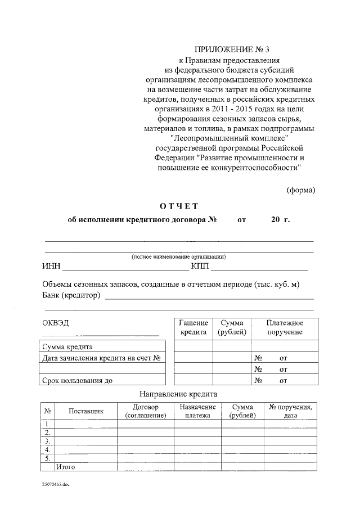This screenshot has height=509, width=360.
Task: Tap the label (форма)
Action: point(301,190)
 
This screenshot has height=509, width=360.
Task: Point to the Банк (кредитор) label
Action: point(71,295)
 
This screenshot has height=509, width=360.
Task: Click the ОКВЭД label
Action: point(57,323)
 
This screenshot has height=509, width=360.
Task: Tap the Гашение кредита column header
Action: point(193,327)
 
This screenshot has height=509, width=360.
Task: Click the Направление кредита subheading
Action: point(178,394)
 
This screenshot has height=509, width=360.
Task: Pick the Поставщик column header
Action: point(85,411)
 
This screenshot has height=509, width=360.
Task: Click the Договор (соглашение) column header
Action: point(146,411)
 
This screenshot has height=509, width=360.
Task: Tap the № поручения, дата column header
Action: point(290,411)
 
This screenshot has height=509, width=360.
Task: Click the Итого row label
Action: point(65,467)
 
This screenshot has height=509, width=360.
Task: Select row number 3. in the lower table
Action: point(47,442)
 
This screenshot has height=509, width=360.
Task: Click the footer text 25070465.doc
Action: point(55,484)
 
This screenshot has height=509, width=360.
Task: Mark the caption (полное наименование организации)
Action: point(179,256)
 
